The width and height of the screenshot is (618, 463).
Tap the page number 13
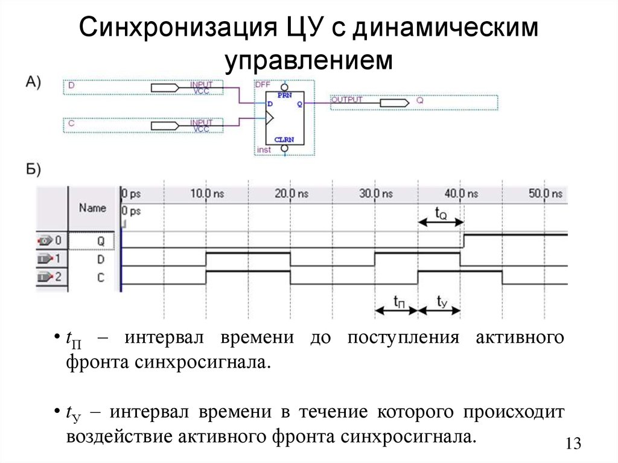coord(573,444)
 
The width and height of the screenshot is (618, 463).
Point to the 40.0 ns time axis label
coord(461,194)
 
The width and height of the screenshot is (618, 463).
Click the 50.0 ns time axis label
coord(546,194)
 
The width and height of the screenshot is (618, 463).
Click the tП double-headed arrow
coord(397,310)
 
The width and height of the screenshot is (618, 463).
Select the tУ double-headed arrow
coord(439,310)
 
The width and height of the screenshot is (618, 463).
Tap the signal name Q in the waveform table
coord(101,241)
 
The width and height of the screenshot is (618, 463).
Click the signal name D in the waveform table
coord(101,259)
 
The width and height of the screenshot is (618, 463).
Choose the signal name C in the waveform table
coord(101,278)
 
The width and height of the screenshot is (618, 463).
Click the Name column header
coord(92,208)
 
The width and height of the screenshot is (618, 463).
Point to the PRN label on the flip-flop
coord(284,95)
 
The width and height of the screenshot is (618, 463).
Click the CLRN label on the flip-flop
coord(284,139)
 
